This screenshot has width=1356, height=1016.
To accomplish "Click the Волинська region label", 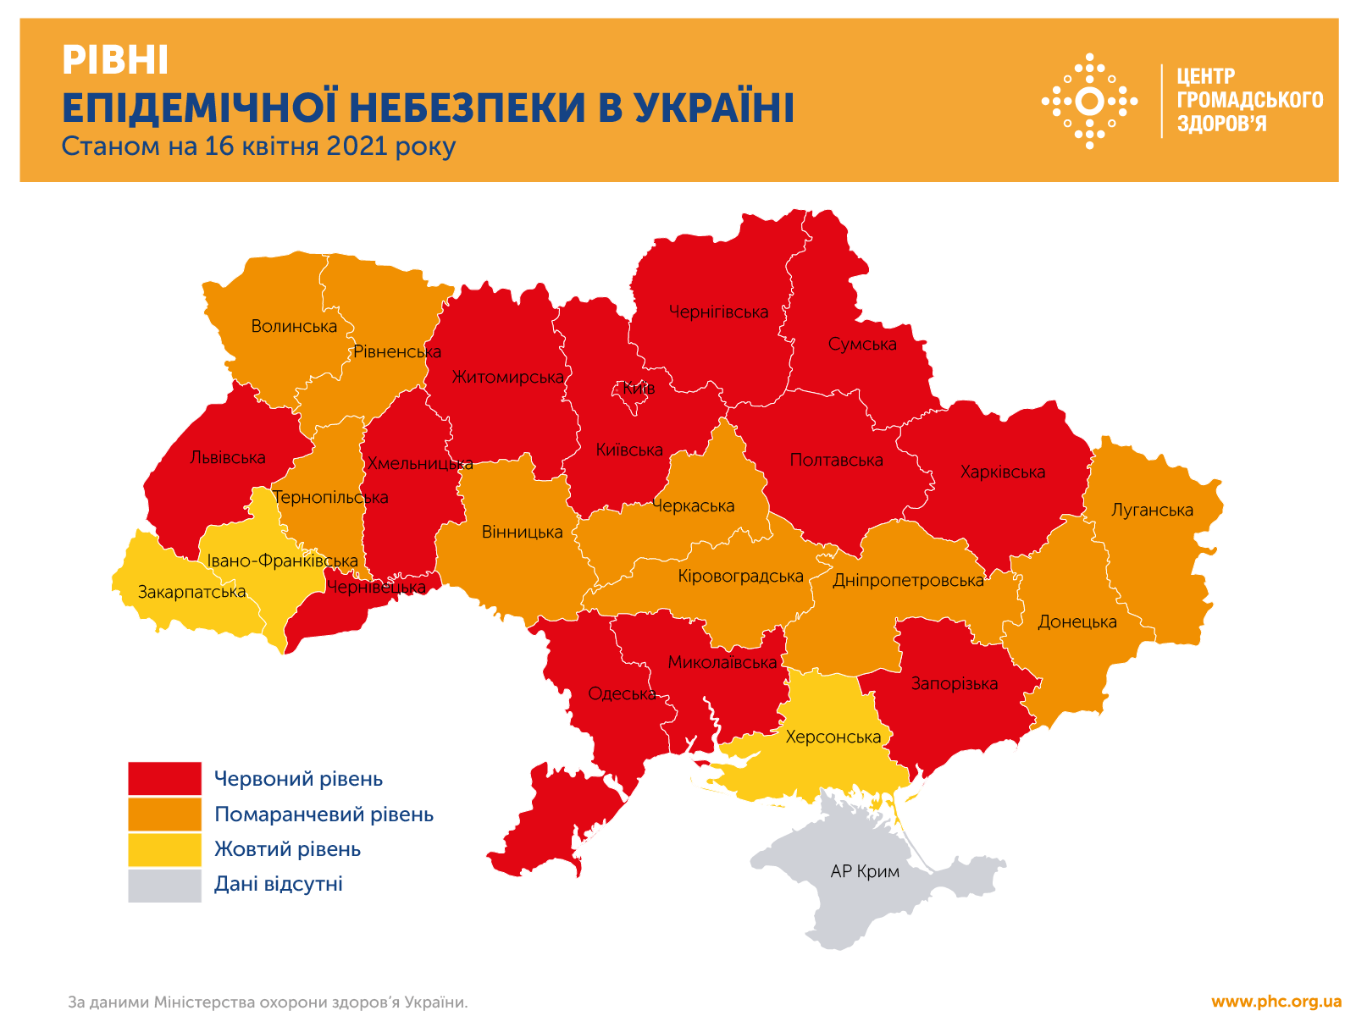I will (x=294, y=326).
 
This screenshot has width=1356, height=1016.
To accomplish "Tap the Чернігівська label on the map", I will (x=718, y=312).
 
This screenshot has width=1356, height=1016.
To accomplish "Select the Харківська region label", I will (x=1003, y=472).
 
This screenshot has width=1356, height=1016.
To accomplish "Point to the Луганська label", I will (x=1152, y=510).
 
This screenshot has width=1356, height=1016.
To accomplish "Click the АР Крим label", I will (x=865, y=871).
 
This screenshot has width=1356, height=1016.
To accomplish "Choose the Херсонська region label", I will (x=833, y=737).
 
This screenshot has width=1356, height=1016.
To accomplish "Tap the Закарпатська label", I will (x=192, y=592).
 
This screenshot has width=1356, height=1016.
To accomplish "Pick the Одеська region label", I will (x=622, y=693).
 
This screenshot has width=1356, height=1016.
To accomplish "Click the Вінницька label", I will (x=522, y=532).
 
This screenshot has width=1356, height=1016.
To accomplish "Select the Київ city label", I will (x=639, y=389).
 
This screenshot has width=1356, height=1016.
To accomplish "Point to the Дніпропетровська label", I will (x=908, y=580).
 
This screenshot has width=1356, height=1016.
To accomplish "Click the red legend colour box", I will (x=165, y=778).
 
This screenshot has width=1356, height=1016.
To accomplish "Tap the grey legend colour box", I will (x=165, y=885).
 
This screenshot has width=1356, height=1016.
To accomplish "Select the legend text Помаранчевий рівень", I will (x=324, y=814).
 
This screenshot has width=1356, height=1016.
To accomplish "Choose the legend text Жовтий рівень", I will (x=287, y=849).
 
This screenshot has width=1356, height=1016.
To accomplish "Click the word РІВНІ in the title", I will (x=115, y=61).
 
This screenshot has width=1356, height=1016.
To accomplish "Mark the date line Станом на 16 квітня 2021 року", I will (x=258, y=146).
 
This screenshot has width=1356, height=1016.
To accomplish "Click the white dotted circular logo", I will (x=1089, y=101).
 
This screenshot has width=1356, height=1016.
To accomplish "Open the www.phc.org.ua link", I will (x=1276, y=1002).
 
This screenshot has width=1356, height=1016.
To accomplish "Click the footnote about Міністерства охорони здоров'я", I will (x=268, y=1002).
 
